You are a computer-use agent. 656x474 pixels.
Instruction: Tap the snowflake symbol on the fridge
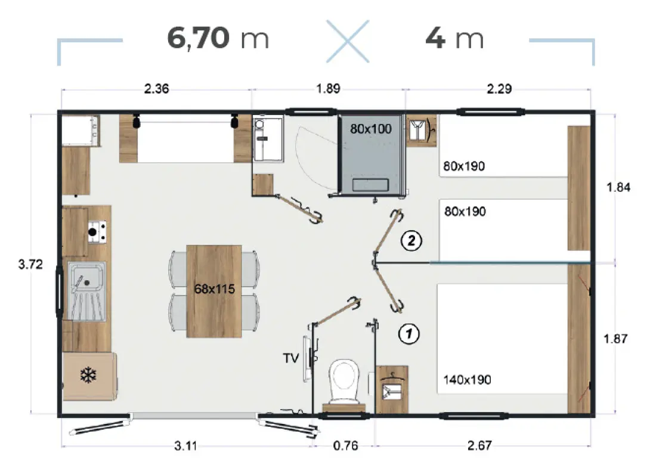click(88, 375)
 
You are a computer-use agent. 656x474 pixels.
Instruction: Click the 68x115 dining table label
click(214, 289)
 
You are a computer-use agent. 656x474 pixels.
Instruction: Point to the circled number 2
click(411, 240)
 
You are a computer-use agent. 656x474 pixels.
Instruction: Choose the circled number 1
click(409, 333)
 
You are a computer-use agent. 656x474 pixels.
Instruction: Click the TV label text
click(291, 358)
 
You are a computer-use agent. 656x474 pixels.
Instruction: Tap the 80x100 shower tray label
click(371, 129)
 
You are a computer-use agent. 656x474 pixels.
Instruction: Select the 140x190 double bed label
click(468, 380)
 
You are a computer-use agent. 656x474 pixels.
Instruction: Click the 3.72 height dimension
click(30, 264)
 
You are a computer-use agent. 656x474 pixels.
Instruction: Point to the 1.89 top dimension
click(328, 89)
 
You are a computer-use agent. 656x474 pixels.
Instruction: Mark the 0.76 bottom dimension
click(345, 445)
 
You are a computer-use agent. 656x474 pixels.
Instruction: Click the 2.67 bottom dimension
click(479, 445)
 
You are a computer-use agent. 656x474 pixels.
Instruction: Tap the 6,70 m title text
click(218, 38)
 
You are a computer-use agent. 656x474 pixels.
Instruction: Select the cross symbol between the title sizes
click(348, 41)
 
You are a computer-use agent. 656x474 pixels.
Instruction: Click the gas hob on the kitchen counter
click(97, 232)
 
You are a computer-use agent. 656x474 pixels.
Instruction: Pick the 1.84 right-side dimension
click(618, 187)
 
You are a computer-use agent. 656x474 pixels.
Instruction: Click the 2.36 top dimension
click(156, 89)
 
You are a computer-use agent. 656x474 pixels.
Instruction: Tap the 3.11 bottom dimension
click(185, 445)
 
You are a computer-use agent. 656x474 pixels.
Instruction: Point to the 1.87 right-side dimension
click(615, 339)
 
